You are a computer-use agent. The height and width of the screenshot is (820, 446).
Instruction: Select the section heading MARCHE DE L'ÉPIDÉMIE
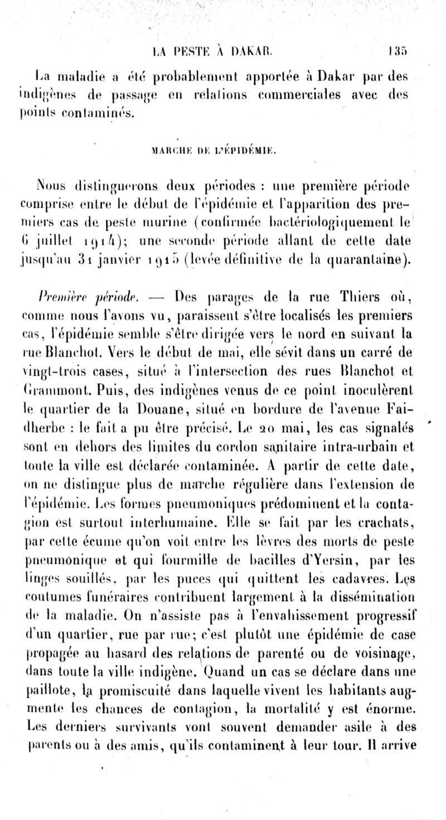pos(222,149)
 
